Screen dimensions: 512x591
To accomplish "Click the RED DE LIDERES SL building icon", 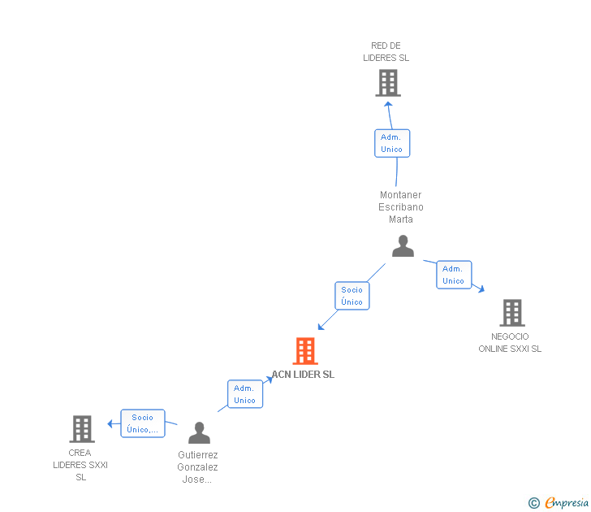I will click(x=388, y=83).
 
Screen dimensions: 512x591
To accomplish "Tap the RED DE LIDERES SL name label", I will click(x=386, y=52).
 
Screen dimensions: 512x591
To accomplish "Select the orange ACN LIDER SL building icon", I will click(x=304, y=351).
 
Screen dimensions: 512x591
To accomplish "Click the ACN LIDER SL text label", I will click(x=303, y=375).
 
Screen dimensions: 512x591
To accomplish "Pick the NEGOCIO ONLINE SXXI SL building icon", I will click(x=511, y=313).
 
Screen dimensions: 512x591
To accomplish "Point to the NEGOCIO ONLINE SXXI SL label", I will click(x=510, y=343).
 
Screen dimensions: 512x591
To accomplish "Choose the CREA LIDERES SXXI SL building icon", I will click(x=82, y=428).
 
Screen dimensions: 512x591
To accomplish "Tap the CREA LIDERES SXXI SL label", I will click(x=80, y=465).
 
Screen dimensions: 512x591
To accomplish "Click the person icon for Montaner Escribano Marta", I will click(x=403, y=246).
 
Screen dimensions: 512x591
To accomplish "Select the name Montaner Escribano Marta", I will click(x=401, y=207).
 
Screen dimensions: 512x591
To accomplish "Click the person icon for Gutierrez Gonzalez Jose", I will click(x=199, y=433).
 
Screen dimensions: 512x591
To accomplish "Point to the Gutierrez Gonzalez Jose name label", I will click(x=197, y=467).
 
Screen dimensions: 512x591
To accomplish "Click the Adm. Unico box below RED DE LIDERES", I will click(x=392, y=143).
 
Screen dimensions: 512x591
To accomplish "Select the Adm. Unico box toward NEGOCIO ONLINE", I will click(x=454, y=275).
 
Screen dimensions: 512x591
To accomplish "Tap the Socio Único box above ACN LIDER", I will click(x=352, y=296).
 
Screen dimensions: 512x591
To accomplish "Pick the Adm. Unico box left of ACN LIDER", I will click(x=244, y=394).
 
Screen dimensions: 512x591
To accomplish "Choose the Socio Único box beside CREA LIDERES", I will click(x=143, y=423).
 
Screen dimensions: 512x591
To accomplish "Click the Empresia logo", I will click(x=559, y=503).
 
